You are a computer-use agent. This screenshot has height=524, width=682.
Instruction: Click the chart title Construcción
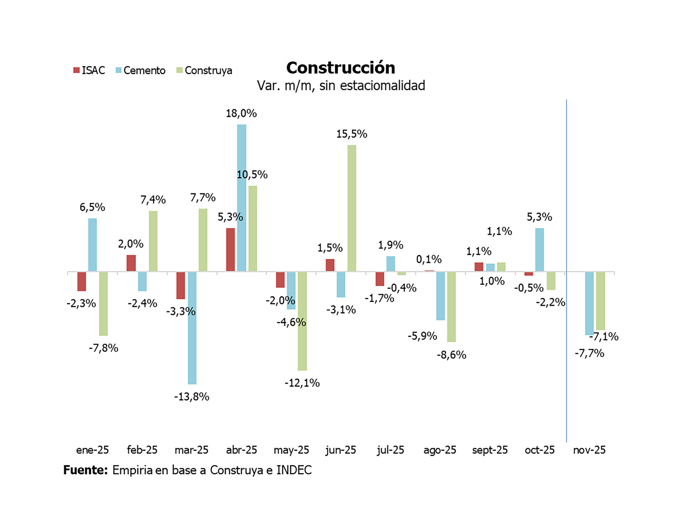click(x=340, y=68)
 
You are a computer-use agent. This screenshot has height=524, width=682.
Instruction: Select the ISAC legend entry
click(x=89, y=70)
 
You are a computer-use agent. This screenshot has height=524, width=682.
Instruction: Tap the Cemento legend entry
click(x=140, y=70)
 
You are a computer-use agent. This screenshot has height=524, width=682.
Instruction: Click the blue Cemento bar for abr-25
click(x=242, y=198)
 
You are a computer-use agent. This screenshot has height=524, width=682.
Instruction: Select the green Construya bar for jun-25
click(x=352, y=208)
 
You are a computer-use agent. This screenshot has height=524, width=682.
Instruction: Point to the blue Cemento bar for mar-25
click(x=192, y=328)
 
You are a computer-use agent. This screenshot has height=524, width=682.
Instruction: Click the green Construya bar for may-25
click(x=302, y=321)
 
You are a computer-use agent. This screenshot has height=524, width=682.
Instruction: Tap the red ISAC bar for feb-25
click(x=131, y=263)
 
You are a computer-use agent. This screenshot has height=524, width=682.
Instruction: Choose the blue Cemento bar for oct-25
click(x=539, y=250)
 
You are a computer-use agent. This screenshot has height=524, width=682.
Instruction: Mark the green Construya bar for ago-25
click(x=451, y=307)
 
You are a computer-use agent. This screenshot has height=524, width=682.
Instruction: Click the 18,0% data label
click(x=241, y=113)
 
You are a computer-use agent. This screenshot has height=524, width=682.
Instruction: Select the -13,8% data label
click(x=191, y=396)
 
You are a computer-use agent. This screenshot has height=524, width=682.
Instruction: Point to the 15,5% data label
click(x=352, y=134)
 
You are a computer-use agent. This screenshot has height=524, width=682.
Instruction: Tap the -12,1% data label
click(x=302, y=383)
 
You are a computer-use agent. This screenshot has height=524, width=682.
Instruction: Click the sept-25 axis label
click(x=489, y=450)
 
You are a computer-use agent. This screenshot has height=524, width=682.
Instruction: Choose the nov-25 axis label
click(x=589, y=450)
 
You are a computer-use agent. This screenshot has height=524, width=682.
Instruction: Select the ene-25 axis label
click(x=92, y=450)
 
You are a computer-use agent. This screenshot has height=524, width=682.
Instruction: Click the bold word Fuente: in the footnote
click(x=85, y=470)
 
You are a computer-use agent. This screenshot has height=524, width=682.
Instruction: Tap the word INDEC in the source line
click(x=294, y=470)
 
